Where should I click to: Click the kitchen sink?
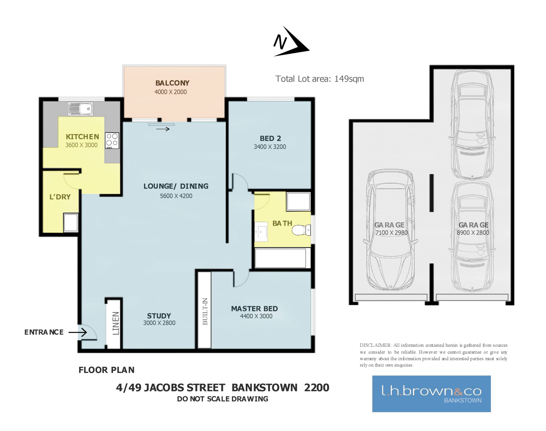[x=80, y=109]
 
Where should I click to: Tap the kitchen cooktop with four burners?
[x=112, y=141]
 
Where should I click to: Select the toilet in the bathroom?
[x=301, y=230]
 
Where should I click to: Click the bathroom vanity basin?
[x=261, y=232]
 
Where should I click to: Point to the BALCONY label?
[x=172, y=83]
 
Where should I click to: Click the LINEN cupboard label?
[x=116, y=323]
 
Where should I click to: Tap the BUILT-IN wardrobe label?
[x=205, y=311]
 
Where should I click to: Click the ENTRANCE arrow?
[x=78, y=332]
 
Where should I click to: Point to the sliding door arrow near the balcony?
[x=163, y=129]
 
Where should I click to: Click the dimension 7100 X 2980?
[x=391, y=233]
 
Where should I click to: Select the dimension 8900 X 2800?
[x=473, y=233]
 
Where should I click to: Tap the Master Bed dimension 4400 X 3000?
[x=256, y=316]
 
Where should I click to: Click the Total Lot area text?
[x=320, y=79]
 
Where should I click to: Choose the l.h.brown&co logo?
[x=431, y=394]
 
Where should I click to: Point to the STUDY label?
[x=159, y=316]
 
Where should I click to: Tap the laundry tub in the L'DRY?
[x=71, y=222]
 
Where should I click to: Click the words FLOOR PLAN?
[x=106, y=370]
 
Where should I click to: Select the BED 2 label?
[x=270, y=138]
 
